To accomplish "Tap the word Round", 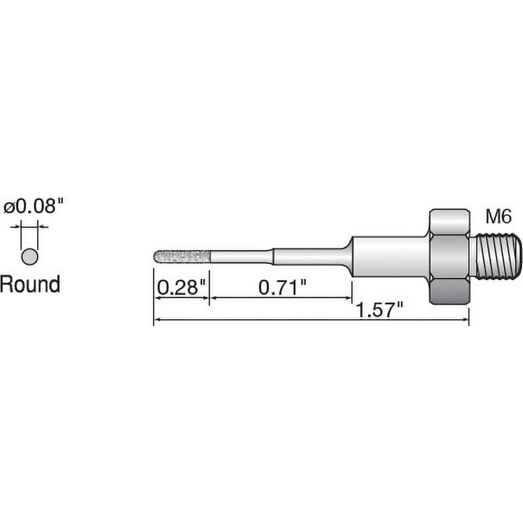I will [30, 285].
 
